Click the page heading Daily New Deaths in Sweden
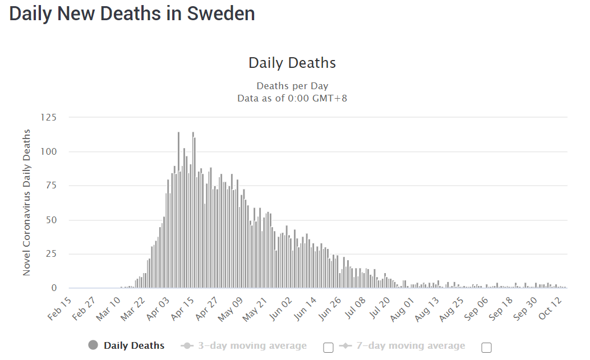(132, 13)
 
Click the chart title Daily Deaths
(292, 62)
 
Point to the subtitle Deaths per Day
(292, 86)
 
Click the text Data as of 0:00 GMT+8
(292, 98)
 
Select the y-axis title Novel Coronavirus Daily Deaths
(26, 202)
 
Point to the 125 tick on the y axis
(49, 117)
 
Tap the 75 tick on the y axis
(52, 186)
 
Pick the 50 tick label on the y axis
(52, 220)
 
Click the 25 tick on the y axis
(52, 254)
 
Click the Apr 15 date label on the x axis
(183, 308)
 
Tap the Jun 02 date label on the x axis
(281, 308)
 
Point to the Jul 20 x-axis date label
(379, 308)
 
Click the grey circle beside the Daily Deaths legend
(93, 345)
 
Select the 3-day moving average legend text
(252, 346)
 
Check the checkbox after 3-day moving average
(329, 348)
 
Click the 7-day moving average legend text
(411, 346)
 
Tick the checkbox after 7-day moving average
(487, 348)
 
